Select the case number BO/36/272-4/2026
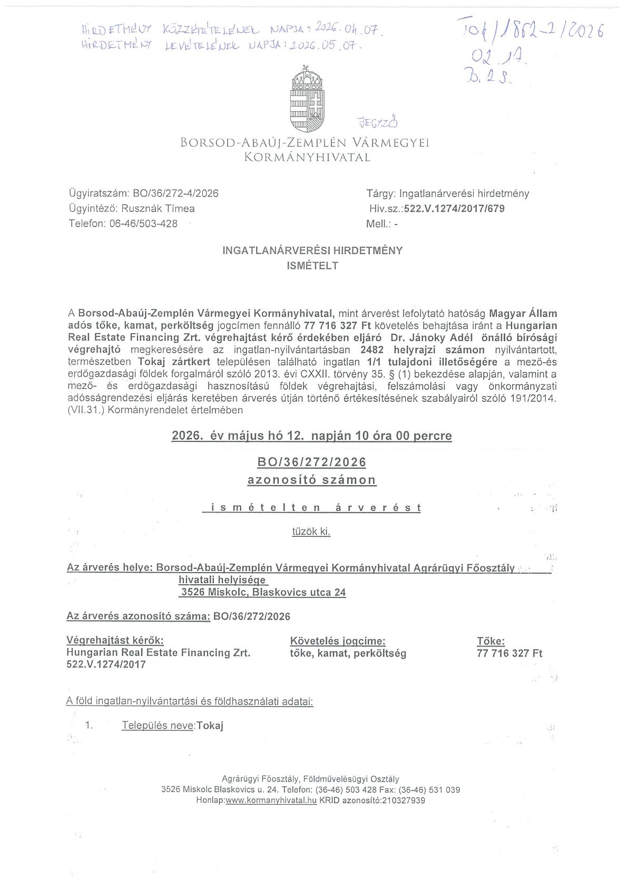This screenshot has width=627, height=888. (x=176, y=194)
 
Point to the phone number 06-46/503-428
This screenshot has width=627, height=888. (x=143, y=224)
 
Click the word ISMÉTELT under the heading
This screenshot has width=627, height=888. (x=312, y=266)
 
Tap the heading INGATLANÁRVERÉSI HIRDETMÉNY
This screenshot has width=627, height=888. (x=312, y=250)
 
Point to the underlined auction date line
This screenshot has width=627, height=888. (x=312, y=436)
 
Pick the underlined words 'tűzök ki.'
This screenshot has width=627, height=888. (x=311, y=531)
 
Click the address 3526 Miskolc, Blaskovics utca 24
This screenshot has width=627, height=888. (x=263, y=592)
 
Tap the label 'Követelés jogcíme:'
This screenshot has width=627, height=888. (x=338, y=641)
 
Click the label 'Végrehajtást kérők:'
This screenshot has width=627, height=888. (x=115, y=640)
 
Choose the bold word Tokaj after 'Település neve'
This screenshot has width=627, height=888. (x=210, y=726)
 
